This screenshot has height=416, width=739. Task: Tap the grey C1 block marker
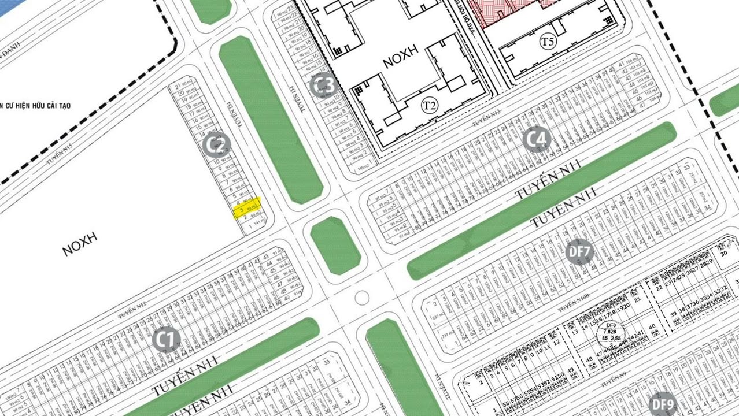[x=167, y=340]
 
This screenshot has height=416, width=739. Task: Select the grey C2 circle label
[x=217, y=145]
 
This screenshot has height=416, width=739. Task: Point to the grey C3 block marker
[x=323, y=86]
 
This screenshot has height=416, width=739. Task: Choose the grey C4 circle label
[x=537, y=140]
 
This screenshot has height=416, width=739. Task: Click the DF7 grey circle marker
[x=579, y=252]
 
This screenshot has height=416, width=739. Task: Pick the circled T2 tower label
[x=428, y=105]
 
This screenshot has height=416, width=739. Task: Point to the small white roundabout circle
[x=362, y=298]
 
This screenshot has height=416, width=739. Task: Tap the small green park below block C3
[x=335, y=245]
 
